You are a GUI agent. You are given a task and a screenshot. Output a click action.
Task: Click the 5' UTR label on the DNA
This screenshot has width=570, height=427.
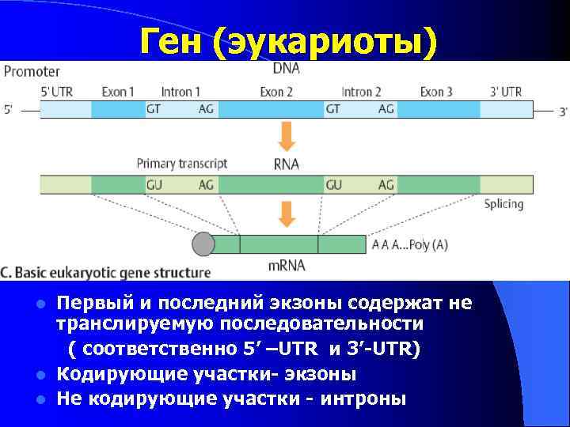coord(57,92)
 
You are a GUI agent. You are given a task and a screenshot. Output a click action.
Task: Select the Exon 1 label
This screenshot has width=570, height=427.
coord(118,92)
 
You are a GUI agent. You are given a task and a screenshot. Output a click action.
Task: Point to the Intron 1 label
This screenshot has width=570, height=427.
coord(180,92)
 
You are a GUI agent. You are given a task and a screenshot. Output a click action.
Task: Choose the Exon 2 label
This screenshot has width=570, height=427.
coord(276,92)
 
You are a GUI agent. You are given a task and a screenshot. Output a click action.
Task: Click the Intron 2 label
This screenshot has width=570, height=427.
coord(361,92)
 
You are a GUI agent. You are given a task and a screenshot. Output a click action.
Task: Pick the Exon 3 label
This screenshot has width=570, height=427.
coord(436,92)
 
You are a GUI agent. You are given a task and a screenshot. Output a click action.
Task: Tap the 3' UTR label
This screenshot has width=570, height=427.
coord(504,92)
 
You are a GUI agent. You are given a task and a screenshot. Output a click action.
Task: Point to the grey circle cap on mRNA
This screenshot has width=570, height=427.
coord(204,244)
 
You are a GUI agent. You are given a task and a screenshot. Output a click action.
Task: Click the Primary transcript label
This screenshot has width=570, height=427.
coord(181,164)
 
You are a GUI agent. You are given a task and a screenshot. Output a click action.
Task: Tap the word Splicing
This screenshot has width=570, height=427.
coord(503,204)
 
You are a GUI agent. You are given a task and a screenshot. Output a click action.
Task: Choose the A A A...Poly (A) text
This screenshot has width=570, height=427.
coord(409,244)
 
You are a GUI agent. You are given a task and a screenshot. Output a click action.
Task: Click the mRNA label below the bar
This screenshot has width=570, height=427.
coord(287,265)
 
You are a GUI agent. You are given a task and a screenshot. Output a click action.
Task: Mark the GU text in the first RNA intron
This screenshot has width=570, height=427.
coord(155,185)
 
